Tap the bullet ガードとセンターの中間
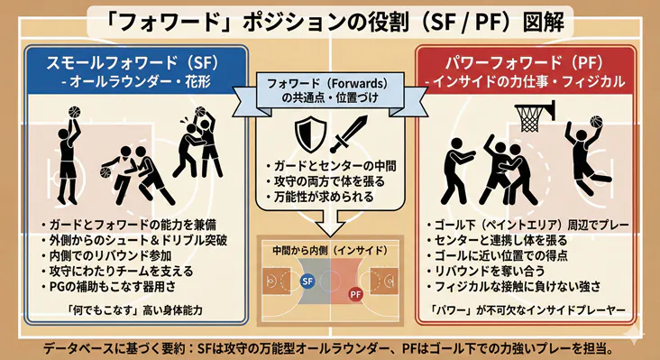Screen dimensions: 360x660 pos(328,165)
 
